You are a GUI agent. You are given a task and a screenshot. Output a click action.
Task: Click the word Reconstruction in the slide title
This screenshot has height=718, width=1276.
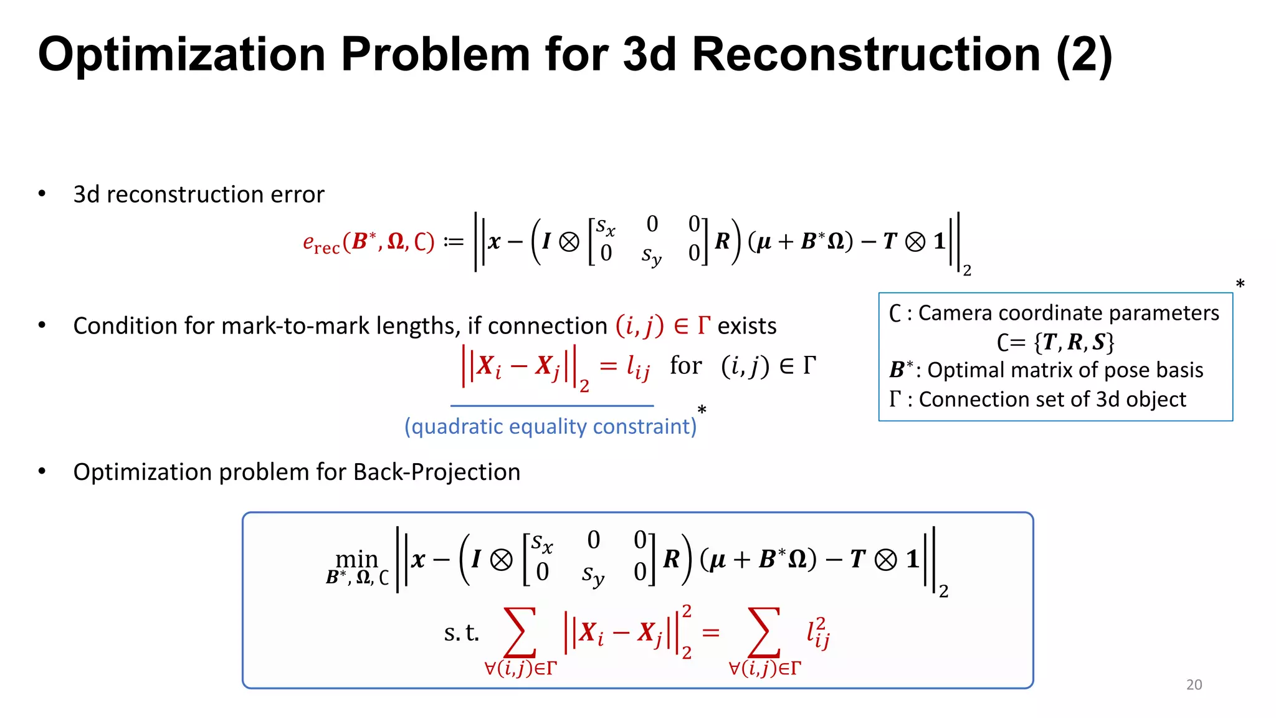[866, 55]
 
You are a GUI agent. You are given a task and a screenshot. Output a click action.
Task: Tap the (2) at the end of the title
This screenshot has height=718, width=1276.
[1084, 56]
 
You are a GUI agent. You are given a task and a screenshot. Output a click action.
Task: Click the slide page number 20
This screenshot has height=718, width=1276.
[1194, 684]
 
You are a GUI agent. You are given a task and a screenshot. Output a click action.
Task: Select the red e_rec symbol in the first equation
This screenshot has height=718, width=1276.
[320, 242]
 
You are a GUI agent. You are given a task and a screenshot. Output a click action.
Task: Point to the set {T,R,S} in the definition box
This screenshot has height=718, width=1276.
[1074, 342]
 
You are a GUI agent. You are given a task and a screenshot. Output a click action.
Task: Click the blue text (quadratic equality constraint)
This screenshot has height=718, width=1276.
[550, 426]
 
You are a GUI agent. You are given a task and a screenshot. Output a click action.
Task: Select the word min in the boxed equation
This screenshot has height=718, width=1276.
[356, 558]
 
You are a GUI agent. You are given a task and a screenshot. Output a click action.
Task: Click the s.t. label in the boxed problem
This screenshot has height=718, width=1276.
[461, 633]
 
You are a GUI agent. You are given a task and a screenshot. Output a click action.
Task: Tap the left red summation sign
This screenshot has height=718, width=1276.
[520, 633]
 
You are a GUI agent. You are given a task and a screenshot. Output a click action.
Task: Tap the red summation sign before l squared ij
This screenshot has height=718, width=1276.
[764, 633]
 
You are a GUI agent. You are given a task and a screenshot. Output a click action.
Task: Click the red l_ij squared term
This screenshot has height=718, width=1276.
[818, 633]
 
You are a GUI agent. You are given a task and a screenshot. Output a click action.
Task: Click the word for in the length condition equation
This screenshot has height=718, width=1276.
[685, 366]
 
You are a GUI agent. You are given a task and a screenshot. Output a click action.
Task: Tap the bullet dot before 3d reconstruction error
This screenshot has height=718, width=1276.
[42, 194]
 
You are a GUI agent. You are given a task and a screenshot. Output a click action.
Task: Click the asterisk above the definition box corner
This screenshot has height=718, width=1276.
[1240, 284]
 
